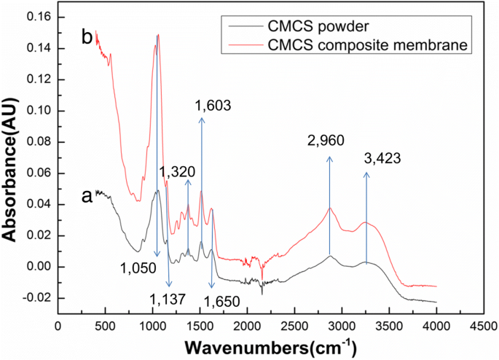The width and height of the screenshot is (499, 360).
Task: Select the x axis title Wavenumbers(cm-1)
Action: (x=271, y=345)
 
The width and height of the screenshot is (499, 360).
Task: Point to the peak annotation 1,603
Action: (x=213, y=106)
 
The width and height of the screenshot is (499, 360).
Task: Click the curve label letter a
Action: (x=87, y=196)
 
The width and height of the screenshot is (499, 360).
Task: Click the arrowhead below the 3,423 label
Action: (x=366, y=175)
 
